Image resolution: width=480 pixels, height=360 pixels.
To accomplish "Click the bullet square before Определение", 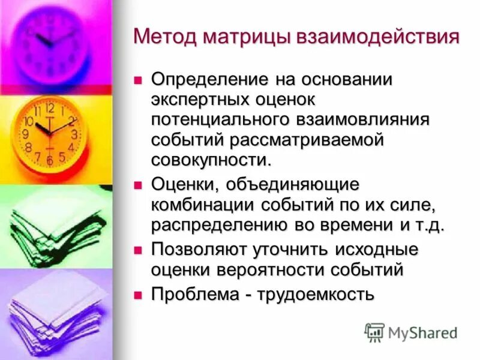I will point(137,79).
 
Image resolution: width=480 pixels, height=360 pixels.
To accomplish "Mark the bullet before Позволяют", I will point(137,248).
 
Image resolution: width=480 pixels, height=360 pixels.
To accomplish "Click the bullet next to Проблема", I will point(137,294).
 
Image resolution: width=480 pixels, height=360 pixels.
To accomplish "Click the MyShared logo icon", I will point(374,332).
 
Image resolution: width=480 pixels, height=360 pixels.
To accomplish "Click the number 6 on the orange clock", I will point(50,161).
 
